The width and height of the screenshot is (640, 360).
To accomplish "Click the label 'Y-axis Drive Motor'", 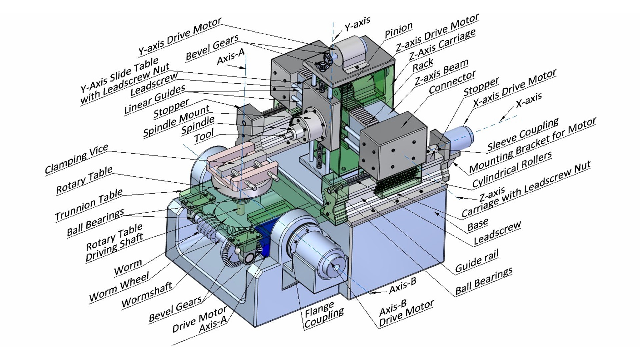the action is coord(180,37).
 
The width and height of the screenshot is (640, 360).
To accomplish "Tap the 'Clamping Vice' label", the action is coord(77,159).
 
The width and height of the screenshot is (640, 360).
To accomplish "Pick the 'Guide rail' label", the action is coord(477,261).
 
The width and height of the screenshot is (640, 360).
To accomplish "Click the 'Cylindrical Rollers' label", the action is coord(512,170).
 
